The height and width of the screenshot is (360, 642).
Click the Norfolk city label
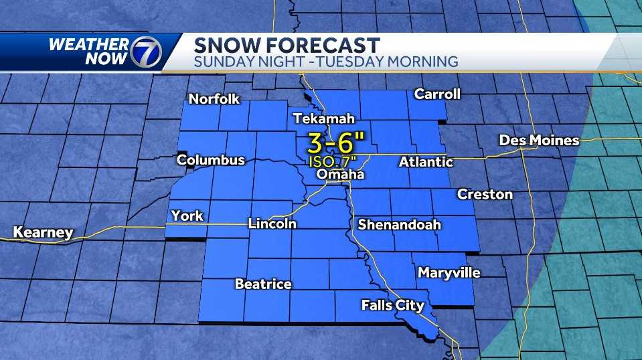click(x=214, y=99)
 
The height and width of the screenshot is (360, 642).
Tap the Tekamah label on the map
click(x=323, y=119)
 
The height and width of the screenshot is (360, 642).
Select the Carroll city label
click(x=437, y=94)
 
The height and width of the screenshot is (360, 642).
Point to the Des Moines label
click(x=539, y=141)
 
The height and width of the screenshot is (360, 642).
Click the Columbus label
click(x=210, y=160)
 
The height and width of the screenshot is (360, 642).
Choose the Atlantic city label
click(x=426, y=162)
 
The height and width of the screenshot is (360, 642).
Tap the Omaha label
click(x=340, y=175)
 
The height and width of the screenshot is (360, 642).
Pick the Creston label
click(x=485, y=195)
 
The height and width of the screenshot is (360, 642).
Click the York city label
click(x=187, y=215)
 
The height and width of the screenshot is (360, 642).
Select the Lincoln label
click(x=272, y=223)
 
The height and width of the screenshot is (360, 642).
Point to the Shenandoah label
click(x=399, y=225)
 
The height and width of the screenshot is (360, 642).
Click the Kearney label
click(x=43, y=233)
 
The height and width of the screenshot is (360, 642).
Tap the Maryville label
click(x=449, y=272)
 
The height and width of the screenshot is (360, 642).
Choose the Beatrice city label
click(x=263, y=284)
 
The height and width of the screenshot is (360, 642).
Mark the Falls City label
click(x=392, y=305)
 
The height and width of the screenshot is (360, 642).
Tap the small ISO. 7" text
click(x=333, y=161)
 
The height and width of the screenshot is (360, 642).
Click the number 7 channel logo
click(x=145, y=52)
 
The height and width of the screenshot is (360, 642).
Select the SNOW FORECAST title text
click(x=287, y=45)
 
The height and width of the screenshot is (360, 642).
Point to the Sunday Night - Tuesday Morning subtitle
click(x=325, y=62)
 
